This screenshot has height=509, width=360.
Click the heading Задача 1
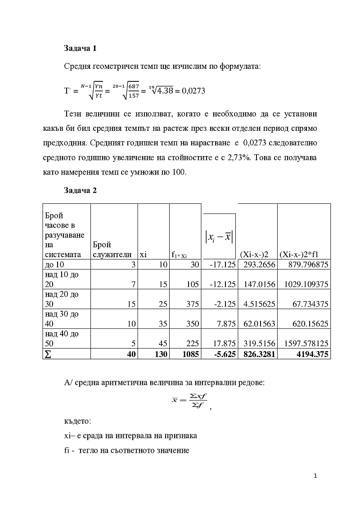click(x=80, y=48)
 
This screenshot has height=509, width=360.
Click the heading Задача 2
click(x=80, y=190)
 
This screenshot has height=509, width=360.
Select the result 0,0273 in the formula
click(x=193, y=91)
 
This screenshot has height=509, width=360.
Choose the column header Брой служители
click(x=114, y=250)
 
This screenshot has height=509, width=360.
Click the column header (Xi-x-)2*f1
click(x=299, y=254)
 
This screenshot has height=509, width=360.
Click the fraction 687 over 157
click(x=134, y=91)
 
